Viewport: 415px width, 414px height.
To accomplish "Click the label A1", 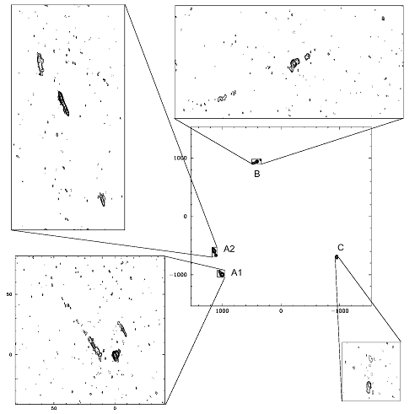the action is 236,272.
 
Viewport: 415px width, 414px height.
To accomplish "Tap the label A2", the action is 229,249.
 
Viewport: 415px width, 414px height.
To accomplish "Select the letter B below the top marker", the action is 257,174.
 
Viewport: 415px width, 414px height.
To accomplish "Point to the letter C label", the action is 341,248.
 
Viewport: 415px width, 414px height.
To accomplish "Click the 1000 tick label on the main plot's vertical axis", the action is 181,158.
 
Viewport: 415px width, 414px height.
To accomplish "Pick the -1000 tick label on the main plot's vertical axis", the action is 178,275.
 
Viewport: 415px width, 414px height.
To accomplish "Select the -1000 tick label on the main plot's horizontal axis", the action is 340,311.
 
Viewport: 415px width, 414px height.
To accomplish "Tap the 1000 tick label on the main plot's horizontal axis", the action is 222,311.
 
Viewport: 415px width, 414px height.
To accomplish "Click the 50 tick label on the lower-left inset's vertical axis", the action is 9,294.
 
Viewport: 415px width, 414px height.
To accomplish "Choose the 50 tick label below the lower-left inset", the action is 54,407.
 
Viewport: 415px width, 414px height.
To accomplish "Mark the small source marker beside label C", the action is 337,256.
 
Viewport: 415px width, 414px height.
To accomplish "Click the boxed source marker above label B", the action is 256,161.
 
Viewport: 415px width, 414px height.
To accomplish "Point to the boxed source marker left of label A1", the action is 221,273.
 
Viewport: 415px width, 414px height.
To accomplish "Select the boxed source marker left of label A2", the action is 214,252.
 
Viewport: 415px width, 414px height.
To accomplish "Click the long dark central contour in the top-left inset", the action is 63,104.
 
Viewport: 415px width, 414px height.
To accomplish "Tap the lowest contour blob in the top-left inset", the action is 102,199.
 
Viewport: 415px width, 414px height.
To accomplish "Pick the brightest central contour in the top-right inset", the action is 294,64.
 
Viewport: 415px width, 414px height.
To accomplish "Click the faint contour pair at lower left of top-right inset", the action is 226,96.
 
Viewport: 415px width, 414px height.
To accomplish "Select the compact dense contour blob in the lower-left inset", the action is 116,355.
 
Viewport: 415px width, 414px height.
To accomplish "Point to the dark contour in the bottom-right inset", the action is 369,387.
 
